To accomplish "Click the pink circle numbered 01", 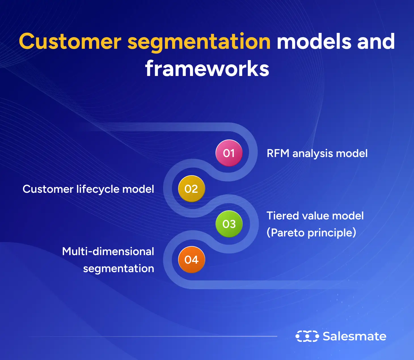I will click(229, 153).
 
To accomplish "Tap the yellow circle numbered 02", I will click(191, 189).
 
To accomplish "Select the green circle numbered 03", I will click(229, 224).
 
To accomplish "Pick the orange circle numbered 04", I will click(191, 260).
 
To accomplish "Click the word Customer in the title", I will click(70, 42).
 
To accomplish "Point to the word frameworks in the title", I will click(207, 69).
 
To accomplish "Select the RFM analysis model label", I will click(317, 154).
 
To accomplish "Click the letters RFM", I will click(278, 153).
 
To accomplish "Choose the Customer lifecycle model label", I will click(88, 189).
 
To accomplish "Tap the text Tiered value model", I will click(315, 216).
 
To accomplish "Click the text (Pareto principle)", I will click(311, 233).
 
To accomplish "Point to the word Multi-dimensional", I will click(108, 251).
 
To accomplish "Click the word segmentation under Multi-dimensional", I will click(119, 269).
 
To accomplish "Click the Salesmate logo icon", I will click(307, 336).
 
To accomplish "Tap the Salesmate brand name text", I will click(354, 336).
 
